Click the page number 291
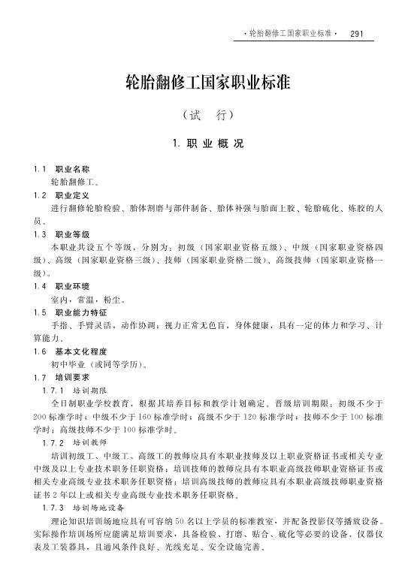point(357,34)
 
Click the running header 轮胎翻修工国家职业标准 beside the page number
point(292,34)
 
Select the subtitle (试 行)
point(207,116)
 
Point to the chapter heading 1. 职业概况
point(207,143)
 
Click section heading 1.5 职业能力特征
point(71,312)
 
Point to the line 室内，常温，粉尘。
point(89,299)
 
